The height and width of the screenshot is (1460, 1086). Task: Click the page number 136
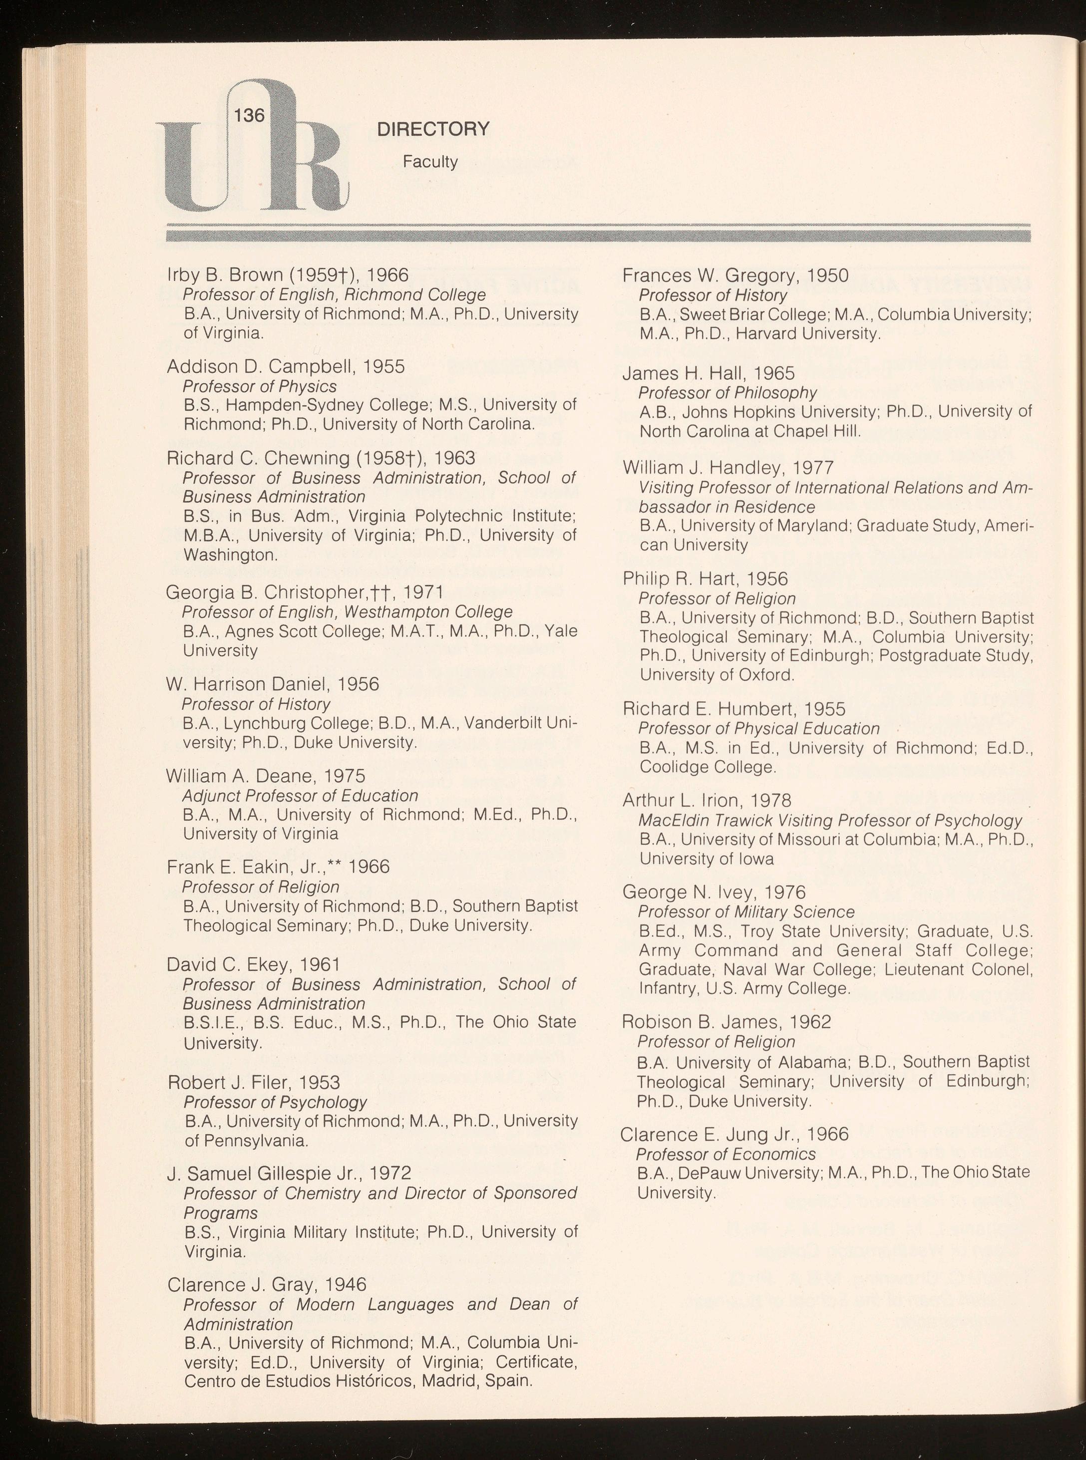(x=249, y=116)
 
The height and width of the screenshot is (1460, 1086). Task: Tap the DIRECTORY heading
(x=433, y=129)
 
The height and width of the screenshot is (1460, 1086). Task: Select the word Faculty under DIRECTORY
(x=430, y=162)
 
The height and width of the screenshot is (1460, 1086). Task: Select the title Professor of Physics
(x=260, y=386)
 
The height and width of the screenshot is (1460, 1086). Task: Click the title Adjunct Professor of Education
(x=300, y=796)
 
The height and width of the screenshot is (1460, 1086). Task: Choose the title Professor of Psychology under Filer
(x=275, y=1102)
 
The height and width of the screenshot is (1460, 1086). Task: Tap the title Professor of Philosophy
(x=727, y=393)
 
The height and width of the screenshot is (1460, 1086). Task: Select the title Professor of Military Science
(x=746, y=912)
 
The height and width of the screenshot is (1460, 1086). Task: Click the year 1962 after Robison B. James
(x=810, y=1022)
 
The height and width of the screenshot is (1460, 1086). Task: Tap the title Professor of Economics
(x=726, y=1155)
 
